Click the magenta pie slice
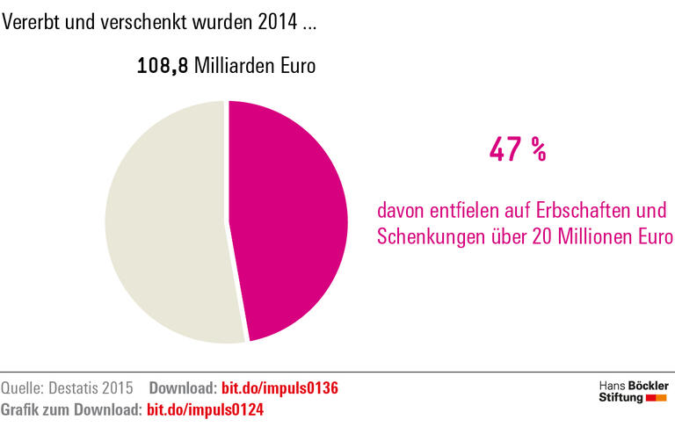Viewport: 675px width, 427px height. pyautogui.click(x=290, y=220)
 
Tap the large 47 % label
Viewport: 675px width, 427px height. pyautogui.click(x=518, y=150)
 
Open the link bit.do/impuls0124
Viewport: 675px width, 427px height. pyautogui.click(x=205, y=409)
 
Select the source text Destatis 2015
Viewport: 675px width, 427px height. pyautogui.click(x=92, y=388)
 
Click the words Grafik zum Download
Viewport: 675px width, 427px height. pyautogui.click(x=70, y=409)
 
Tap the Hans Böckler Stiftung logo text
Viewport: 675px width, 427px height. pyautogui.click(x=632, y=392)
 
